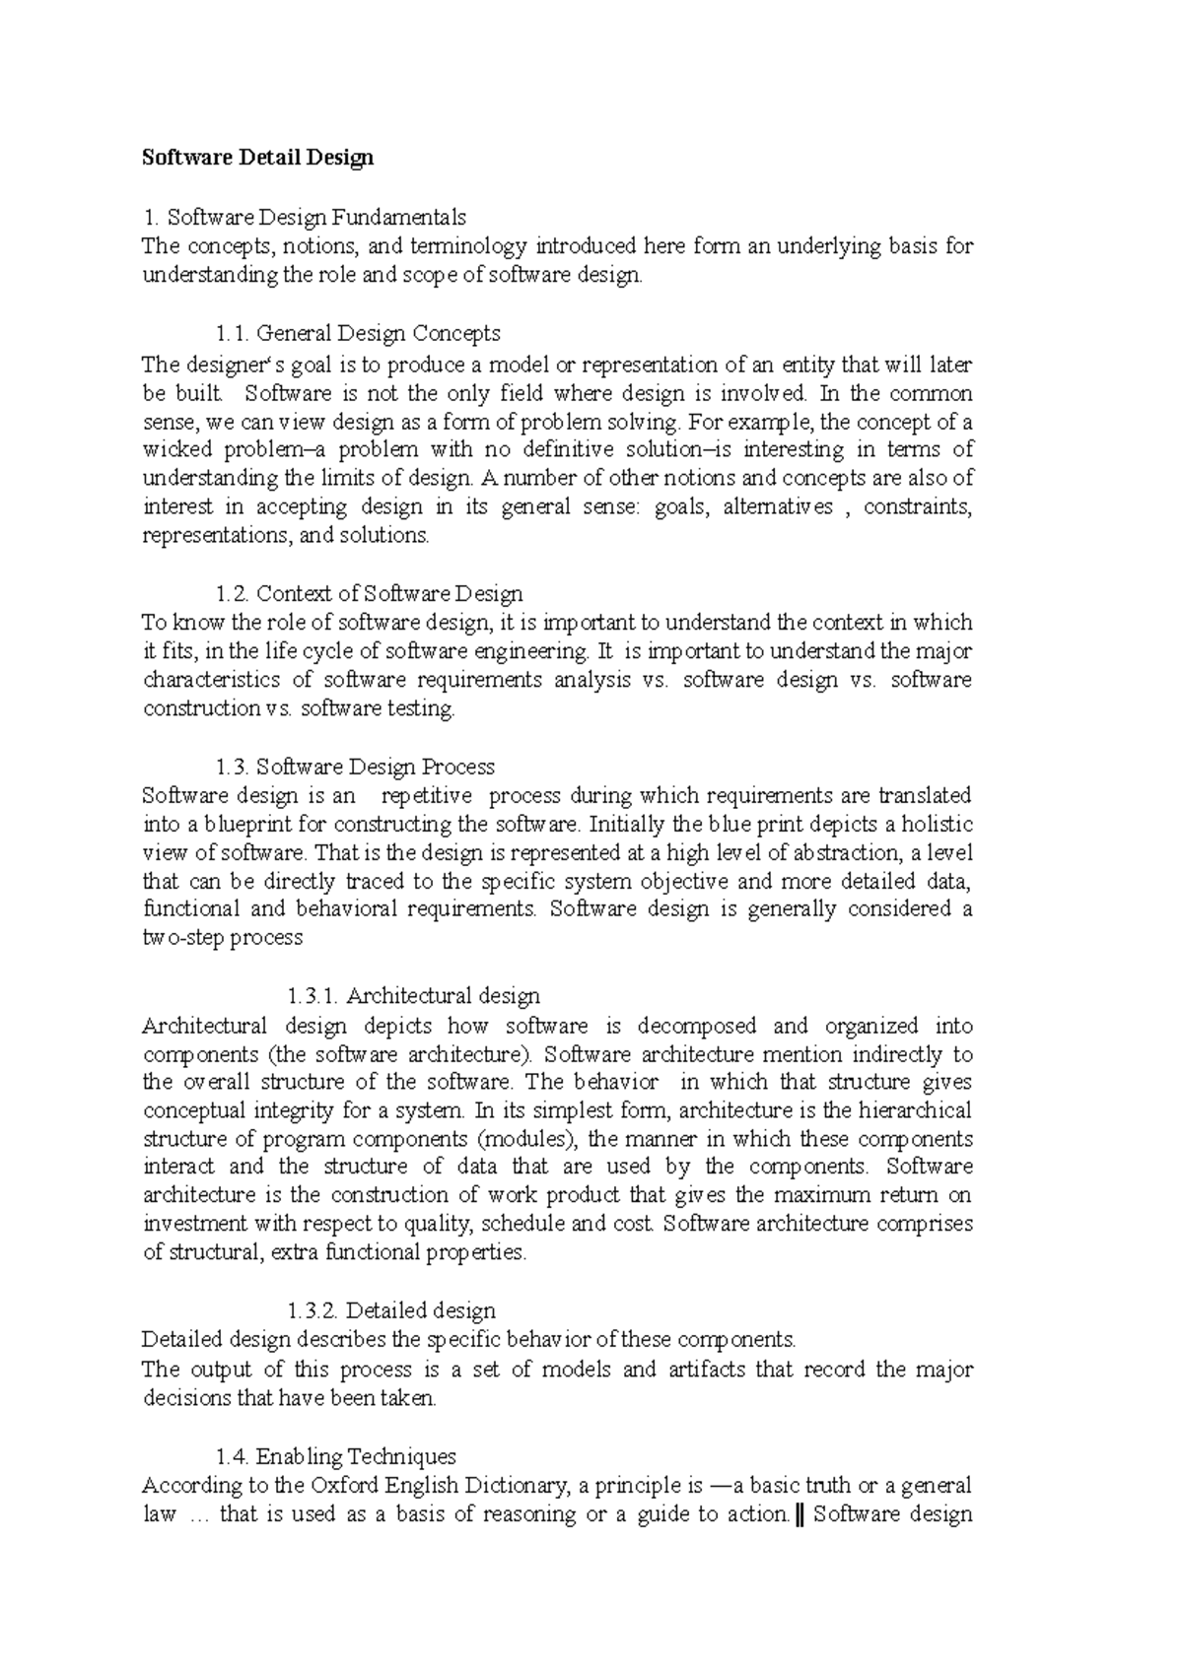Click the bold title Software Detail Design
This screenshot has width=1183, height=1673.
point(257,158)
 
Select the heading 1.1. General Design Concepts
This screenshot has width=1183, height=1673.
point(358,333)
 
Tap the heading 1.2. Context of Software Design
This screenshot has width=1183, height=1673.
point(369,593)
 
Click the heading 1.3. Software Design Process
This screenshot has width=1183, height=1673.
point(355,767)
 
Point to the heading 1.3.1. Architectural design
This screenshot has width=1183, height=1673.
point(413,995)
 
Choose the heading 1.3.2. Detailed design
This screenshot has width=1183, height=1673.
point(390,1310)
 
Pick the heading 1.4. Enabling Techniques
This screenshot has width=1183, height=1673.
point(335,1456)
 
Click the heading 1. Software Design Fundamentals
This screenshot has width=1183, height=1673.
point(304,217)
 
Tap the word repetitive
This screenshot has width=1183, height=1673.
point(426,795)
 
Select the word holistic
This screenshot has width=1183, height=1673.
point(938,824)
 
